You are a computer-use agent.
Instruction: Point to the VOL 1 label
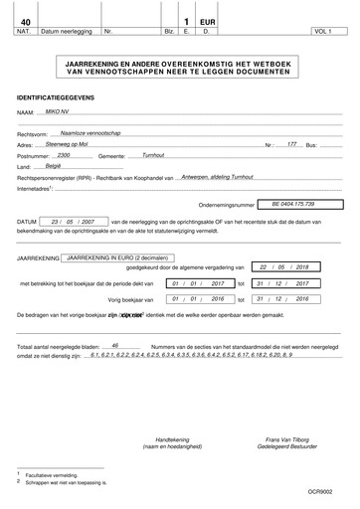coord(321,33)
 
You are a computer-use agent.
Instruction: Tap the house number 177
coord(292,145)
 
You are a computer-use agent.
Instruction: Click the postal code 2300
coord(66,156)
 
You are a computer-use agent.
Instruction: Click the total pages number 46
coord(116,345)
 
